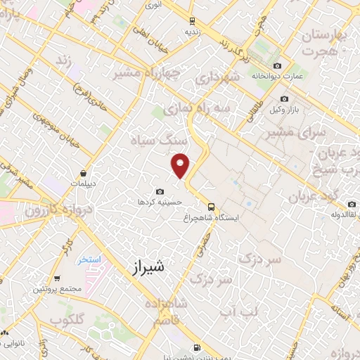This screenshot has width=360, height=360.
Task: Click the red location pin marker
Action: (181, 165)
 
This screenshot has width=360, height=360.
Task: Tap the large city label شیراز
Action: (148, 267)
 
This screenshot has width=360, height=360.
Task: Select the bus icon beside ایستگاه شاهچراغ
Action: (211, 206)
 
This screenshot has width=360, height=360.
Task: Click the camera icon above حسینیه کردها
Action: (160, 191)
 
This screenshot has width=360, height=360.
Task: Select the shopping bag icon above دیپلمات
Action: (84, 173)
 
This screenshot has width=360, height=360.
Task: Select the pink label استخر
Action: (89, 259)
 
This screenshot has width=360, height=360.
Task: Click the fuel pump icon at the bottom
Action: (195, 347)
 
